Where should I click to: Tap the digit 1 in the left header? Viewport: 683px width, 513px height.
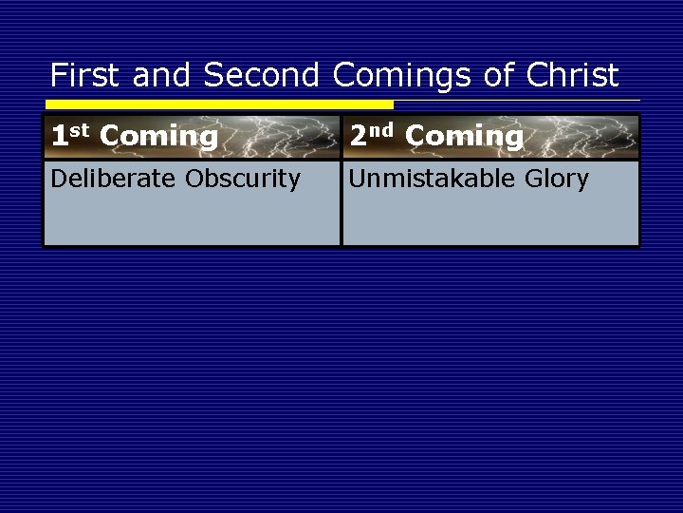[x=59, y=137]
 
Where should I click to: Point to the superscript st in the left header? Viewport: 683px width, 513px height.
[x=81, y=130]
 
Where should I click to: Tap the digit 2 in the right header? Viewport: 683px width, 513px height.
[x=358, y=137]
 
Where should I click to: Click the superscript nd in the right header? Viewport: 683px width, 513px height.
[x=382, y=130]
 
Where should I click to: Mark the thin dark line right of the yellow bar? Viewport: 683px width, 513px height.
[x=517, y=100]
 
